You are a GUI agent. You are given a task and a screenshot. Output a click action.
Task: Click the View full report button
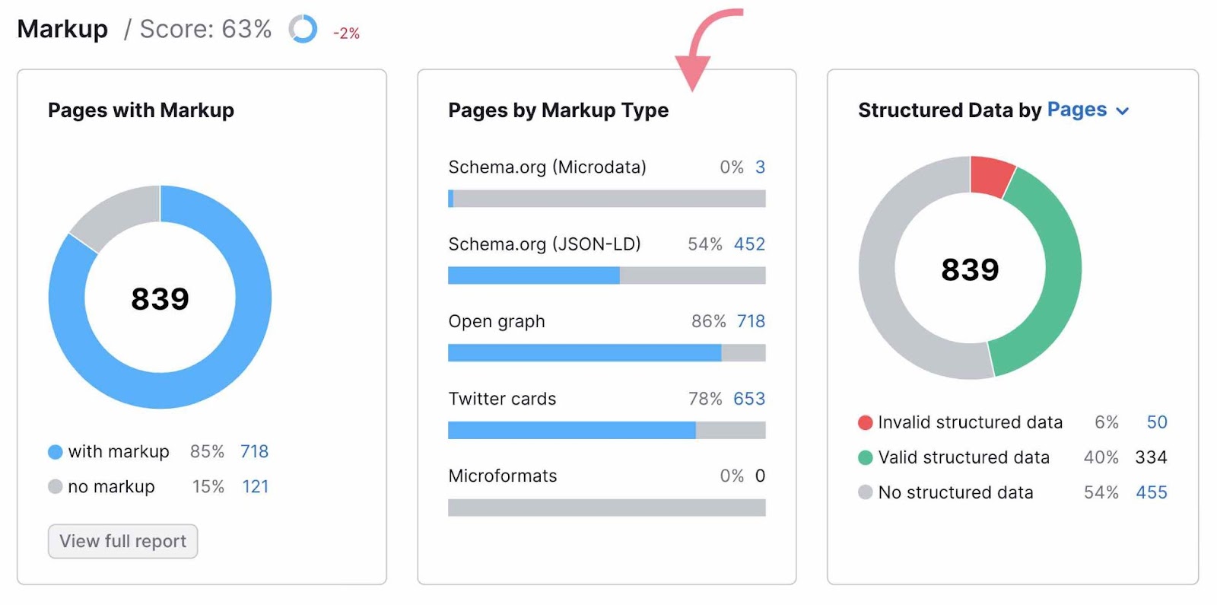(122, 541)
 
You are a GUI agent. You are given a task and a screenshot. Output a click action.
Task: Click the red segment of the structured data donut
(992, 176)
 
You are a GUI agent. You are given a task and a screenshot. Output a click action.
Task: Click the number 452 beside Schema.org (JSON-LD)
(749, 244)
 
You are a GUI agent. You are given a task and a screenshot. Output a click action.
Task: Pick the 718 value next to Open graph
(751, 321)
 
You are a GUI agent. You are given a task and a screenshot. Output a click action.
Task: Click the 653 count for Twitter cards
(749, 399)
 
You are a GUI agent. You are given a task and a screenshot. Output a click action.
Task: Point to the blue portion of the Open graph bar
(584, 353)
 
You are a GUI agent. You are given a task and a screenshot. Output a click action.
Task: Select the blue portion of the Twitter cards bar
(571, 431)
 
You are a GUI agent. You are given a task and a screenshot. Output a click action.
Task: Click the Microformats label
(503, 476)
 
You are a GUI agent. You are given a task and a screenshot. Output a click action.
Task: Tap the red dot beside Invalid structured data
(865, 423)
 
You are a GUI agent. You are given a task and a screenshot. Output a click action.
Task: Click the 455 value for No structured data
(1151, 493)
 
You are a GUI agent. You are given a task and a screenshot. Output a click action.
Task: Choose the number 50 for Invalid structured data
(1156, 422)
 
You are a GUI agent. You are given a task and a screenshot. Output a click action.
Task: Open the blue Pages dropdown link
(1088, 110)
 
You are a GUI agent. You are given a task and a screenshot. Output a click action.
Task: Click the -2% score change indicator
(346, 33)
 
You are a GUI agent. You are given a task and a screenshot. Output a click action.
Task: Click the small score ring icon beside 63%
(303, 30)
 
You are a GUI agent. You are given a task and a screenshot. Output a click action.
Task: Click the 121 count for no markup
(256, 487)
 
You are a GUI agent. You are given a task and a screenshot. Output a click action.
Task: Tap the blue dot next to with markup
(55, 452)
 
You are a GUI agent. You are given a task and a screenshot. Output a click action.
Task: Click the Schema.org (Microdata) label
(547, 167)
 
